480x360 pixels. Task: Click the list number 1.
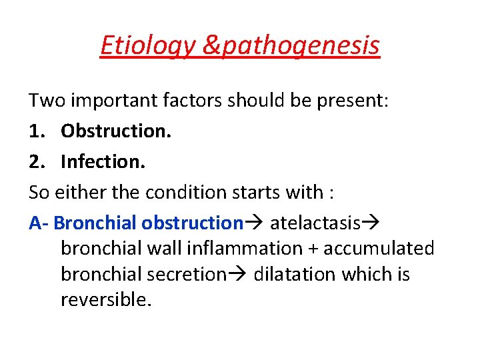[x=36, y=131]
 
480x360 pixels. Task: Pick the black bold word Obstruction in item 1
[x=115, y=131]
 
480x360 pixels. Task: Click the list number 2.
[x=36, y=161]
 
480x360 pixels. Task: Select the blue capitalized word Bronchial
[x=95, y=223]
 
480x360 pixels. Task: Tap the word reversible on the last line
[x=106, y=300]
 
